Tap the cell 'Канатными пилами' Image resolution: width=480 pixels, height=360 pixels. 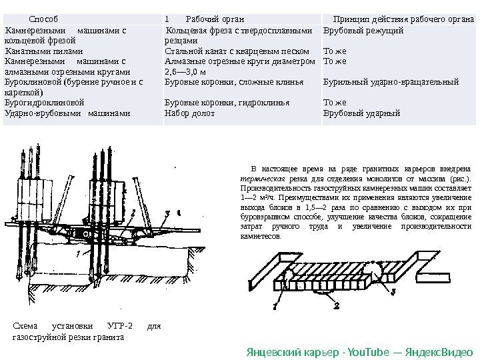[44, 51]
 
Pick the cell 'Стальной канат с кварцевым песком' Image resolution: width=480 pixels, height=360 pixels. [236, 51]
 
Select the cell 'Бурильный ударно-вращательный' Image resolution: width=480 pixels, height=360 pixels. [391, 83]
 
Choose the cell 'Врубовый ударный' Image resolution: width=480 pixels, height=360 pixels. [361, 113]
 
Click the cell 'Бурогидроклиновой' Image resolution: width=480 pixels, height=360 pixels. [45, 103]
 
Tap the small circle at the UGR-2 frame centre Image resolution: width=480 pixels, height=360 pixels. [86, 235]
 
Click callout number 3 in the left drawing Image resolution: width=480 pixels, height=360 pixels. [169, 211]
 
